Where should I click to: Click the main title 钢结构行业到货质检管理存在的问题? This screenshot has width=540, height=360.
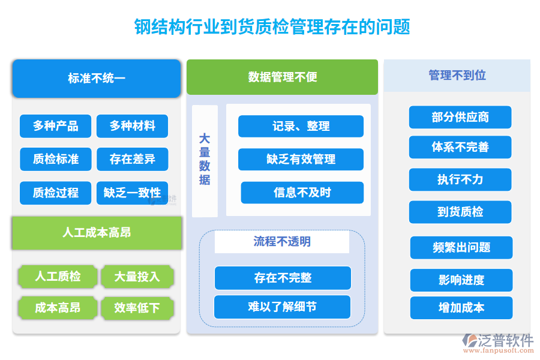[x=271, y=26]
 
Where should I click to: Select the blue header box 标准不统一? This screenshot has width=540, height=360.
[x=96, y=78]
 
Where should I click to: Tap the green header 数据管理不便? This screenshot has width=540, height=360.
[x=282, y=77]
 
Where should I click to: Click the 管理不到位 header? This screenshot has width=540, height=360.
[x=457, y=76]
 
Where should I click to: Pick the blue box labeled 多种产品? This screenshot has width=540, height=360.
[x=55, y=126]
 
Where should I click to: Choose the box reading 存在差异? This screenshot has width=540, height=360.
[x=132, y=159]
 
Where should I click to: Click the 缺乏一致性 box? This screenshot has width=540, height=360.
[x=132, y=193]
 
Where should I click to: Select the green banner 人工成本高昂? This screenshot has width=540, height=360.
[x=97, y=233]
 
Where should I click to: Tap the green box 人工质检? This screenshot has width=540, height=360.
[x=58, y=276]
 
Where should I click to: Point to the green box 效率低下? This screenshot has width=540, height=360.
[x=137, y=308]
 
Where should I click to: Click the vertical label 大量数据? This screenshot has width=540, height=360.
[x=205, y=159]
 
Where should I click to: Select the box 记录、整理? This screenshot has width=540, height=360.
[x=301, y=126]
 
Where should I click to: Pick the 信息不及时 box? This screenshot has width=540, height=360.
[x=302, y=193]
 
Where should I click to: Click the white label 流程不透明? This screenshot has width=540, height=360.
[x=282, y=242]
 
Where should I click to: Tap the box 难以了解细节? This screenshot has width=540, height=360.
[x=282, y=307]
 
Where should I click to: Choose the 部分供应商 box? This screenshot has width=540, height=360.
[x=460, y=117]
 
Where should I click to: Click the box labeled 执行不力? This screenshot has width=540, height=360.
[x=460, y=179]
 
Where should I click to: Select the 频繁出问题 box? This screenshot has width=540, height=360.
[x=461, y=247]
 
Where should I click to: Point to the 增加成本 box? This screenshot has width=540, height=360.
[x=461, y=308]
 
